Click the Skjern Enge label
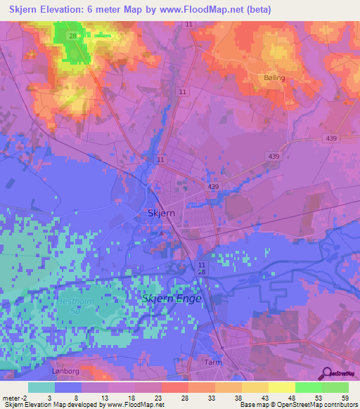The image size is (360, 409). point(172,298)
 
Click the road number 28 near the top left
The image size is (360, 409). point(72,34)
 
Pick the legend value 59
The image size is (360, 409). point(344,397)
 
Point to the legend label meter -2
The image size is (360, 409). point(13,397)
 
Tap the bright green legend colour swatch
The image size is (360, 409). point(308,387)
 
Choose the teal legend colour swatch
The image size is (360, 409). point(41,387)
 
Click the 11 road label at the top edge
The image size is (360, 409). point(189,25)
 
